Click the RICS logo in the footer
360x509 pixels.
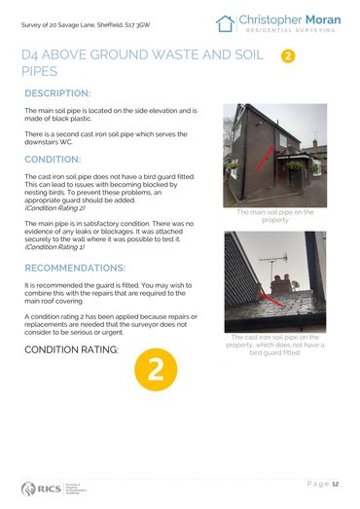click(44, 486)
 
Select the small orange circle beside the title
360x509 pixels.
click(287, 56)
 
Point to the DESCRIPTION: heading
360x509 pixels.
click(57, 93)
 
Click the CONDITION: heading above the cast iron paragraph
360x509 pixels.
click(52, 159)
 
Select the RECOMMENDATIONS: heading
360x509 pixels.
click(74, 267)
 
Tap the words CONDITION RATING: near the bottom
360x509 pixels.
click(69, 348)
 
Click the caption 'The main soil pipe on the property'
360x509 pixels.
click(276, 215)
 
